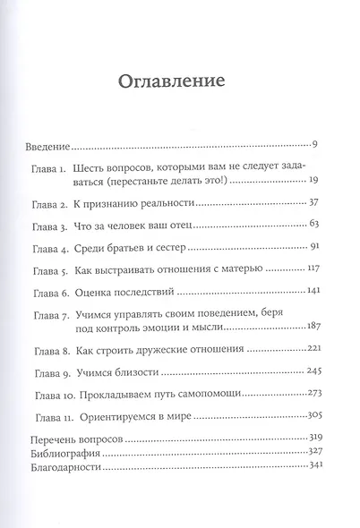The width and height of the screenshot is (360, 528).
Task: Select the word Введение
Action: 46,143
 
